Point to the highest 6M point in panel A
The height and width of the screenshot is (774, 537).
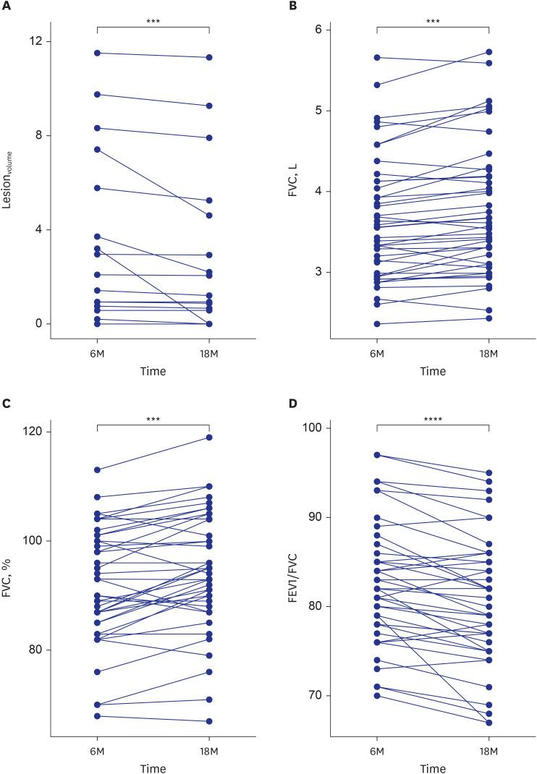[97, 53]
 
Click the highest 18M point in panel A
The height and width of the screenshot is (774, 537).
[209, 57]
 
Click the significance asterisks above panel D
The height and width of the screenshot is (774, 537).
[433, 419]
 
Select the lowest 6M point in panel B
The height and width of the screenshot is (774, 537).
[377, 324]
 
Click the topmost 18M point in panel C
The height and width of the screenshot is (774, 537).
[209, 437]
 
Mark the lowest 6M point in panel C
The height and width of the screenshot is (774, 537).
[97, 716]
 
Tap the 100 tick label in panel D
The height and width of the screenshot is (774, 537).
[312, 428]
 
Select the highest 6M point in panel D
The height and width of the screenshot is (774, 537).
[377, 455]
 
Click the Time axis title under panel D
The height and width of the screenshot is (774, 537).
[433, 767]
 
